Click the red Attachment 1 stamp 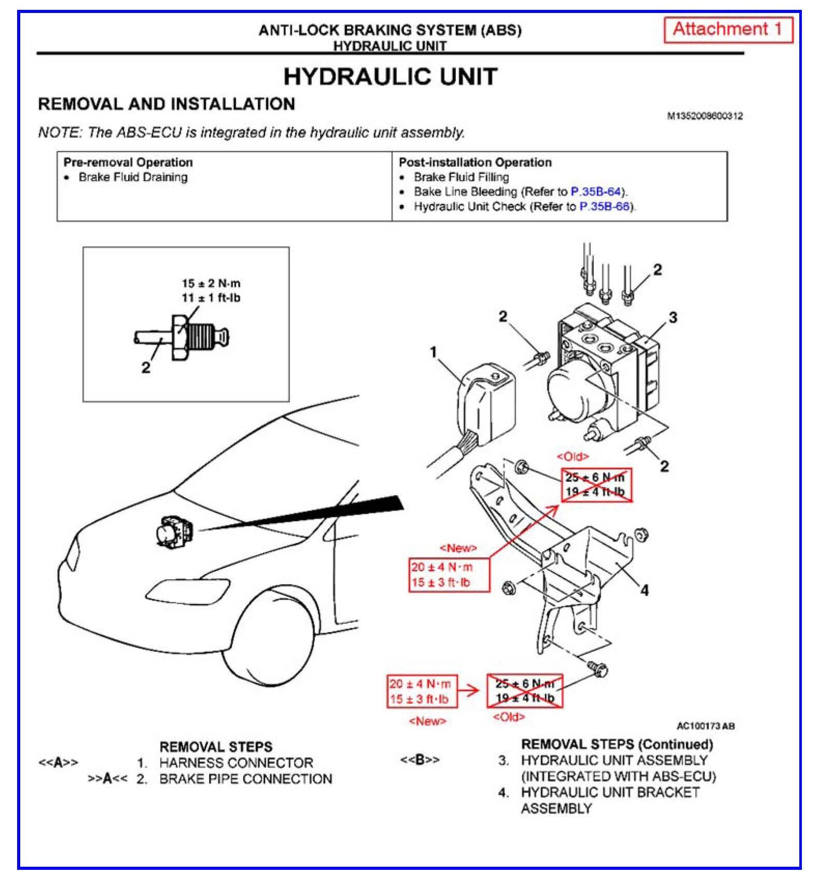pos(728,30)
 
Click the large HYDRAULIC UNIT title pos(390,77)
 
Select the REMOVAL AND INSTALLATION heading pos(166,104)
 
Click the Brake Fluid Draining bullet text pos(133,177)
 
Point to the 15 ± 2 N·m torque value pos(211,283)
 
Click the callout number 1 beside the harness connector pos(434,352)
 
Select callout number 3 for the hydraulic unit pos(673,317)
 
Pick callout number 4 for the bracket pos(644,590)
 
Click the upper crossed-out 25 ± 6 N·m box pos(596,485)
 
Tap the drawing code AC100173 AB pos(705,726)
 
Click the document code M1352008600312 pos(704,116)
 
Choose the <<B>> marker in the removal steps pos(419,760)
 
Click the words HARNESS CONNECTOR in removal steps pos(236,763)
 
